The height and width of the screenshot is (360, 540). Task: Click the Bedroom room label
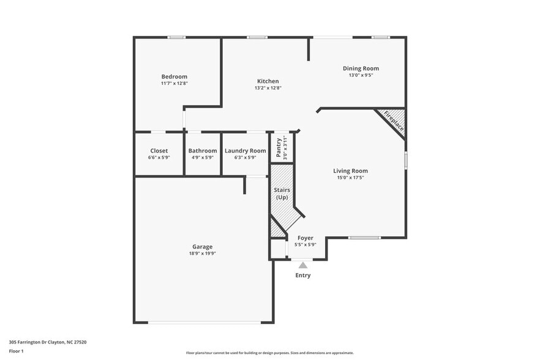(174, 77)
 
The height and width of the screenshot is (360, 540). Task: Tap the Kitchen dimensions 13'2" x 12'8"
(268, 88)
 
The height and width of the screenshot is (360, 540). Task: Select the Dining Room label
(361, 69)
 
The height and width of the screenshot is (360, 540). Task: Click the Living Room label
(350, 171)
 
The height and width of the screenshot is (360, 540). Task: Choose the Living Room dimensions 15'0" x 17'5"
(350, 178)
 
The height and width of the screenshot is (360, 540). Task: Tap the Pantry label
(279, 148)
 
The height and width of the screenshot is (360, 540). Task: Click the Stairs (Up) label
(282, 193)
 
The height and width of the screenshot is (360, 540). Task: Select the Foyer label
(305, 238)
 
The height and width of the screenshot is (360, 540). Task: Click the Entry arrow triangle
(302, 265)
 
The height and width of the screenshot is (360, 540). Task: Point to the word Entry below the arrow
(303, 276)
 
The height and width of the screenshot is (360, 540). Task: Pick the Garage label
(202, 247)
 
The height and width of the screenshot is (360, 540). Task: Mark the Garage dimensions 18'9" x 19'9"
(202, 253)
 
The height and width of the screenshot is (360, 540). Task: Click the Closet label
(159, 151)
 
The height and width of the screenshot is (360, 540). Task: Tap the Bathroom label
(202, 151)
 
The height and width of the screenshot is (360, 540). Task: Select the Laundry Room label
(245, 151)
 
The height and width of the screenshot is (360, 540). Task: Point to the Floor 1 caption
(16, 351)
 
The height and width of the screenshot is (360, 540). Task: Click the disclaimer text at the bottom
(269, 353)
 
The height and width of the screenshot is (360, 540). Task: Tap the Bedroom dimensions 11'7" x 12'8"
(174, 83)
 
